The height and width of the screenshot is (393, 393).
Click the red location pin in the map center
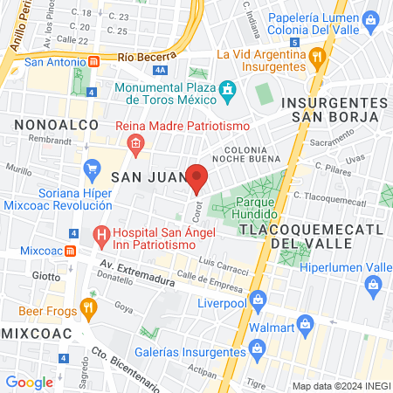(x=196, y=177)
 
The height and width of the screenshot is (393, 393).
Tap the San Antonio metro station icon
(x=93, y=62)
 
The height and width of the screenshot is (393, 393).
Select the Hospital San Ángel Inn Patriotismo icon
(x=100, y=234)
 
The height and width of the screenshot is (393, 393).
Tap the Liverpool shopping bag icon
(x=258, y=302)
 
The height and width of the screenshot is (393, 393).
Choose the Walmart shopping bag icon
(x=305, y=326)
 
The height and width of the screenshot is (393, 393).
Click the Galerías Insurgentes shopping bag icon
(x=258, y=351)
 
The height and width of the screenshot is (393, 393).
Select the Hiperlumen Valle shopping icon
(x=374, y=285)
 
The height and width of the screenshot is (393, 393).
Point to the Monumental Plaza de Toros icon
(x=229, y=90)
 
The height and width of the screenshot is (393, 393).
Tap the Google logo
(x=29, y=382)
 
